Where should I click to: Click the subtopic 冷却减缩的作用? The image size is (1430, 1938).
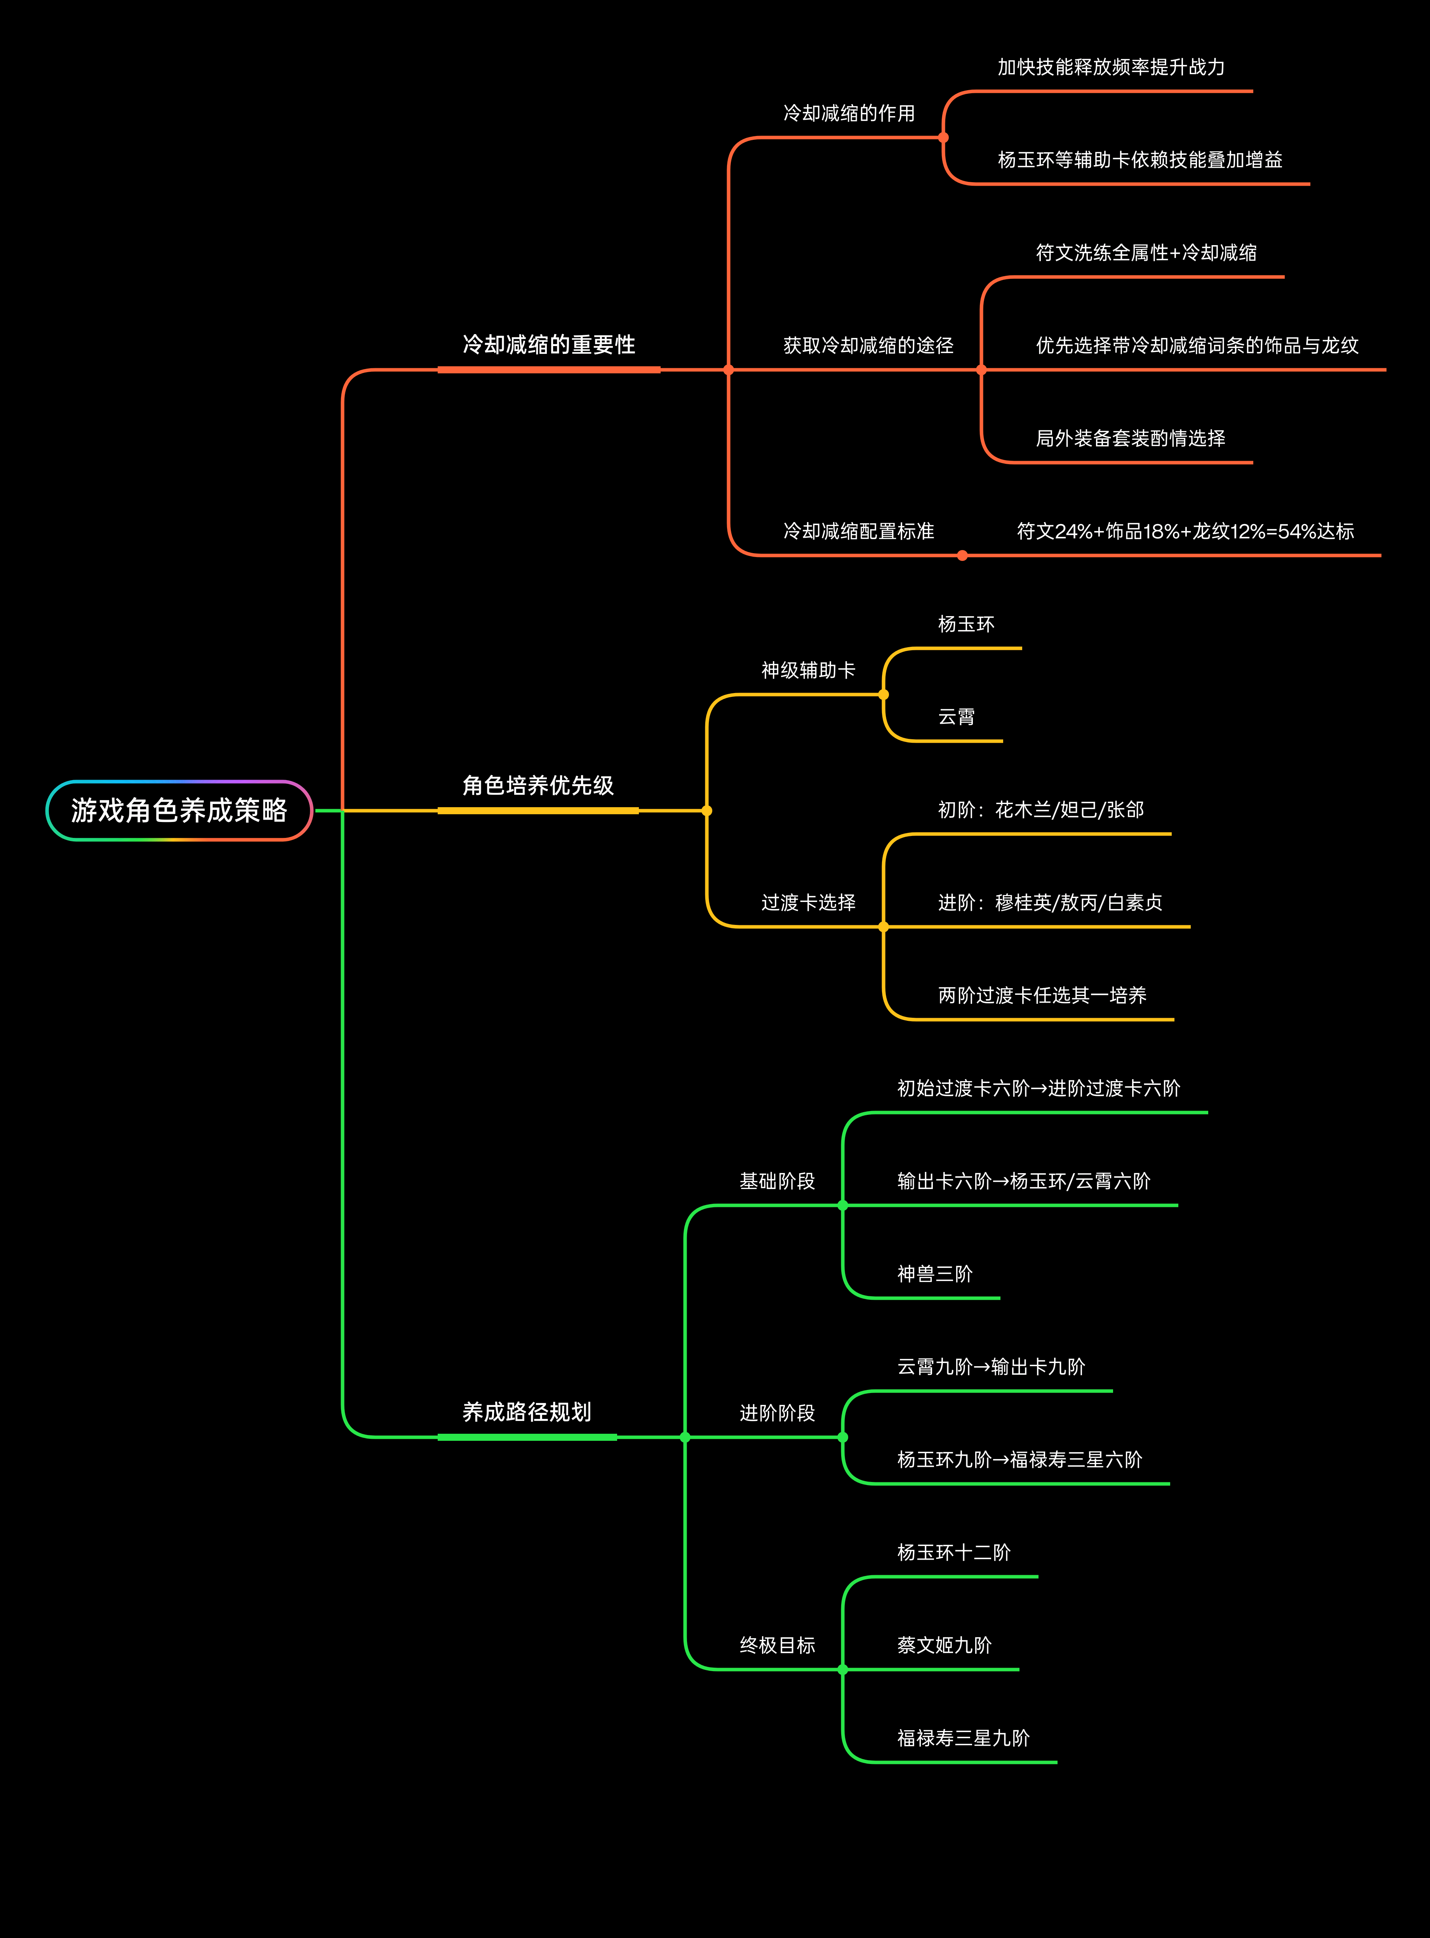pyautogui.click(x=848, y=113)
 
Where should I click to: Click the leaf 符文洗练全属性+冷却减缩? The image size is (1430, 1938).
pyautogui.click(x=1145, y=253)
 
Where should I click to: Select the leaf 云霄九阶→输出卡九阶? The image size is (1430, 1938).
pyautogui.click(x=990, y=1367)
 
